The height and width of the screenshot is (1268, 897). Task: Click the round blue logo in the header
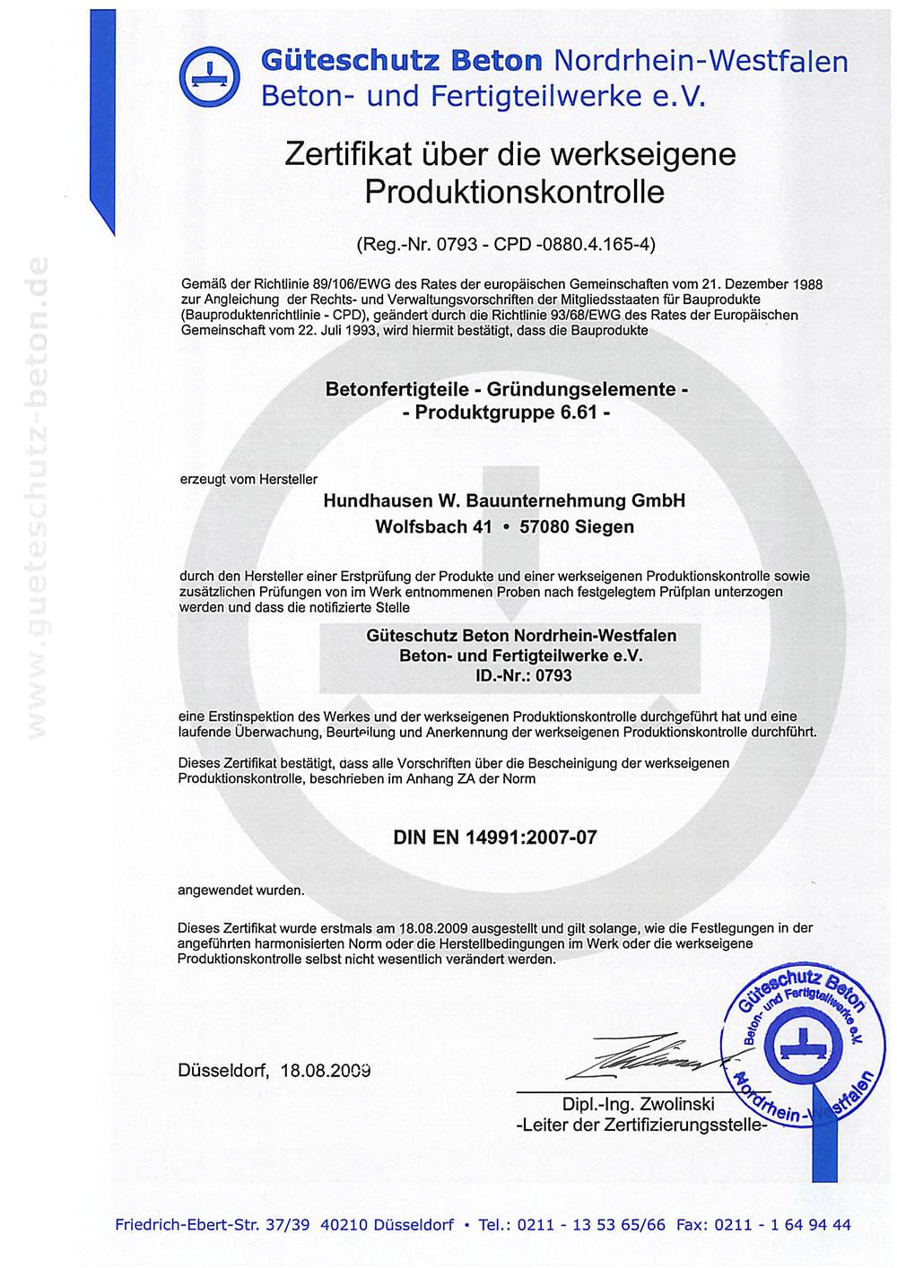(209, 76)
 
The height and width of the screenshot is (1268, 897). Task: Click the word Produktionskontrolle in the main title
(514, 192)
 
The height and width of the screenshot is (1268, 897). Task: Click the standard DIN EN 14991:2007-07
(494, 838)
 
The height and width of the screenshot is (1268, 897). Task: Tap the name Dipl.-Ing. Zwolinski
(638, 1105)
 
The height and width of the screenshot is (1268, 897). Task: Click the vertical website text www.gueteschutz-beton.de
(38, 498)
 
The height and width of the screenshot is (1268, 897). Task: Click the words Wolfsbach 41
(433, 527)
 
